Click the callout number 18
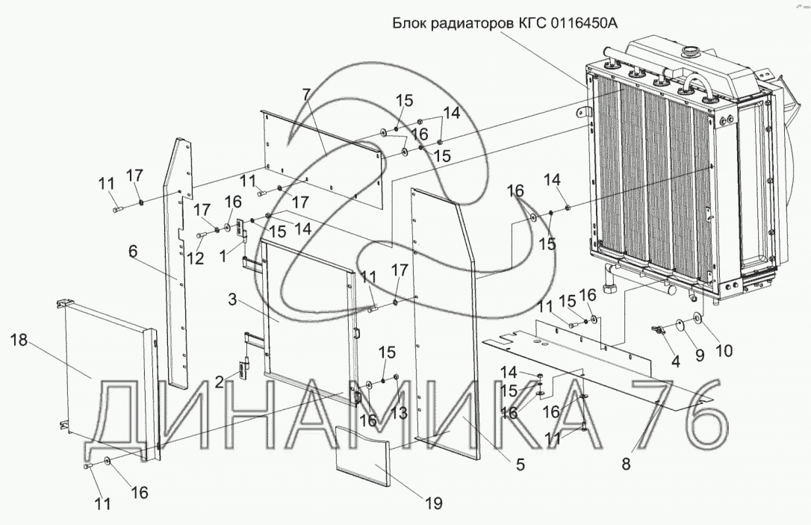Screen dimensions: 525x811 [x=19, y=341]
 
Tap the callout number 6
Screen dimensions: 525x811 [x=132, y=252]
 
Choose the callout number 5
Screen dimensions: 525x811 [x=520, y=465]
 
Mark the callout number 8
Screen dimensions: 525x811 [x=626, y=463]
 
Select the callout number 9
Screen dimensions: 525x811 [x=700, y=355]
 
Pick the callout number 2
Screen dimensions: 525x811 [x=219, y=382]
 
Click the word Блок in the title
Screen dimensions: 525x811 [x=409, y=22]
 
